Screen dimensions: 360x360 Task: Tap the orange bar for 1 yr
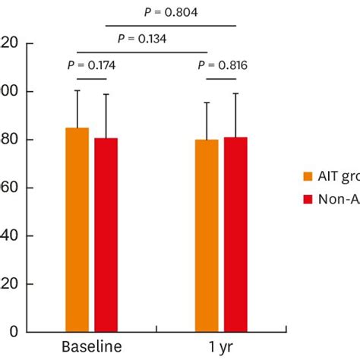207,235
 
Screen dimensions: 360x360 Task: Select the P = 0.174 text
91,65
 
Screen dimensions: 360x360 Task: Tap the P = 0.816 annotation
222,65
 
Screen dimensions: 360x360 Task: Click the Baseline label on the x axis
91,347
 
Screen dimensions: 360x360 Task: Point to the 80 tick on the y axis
10,140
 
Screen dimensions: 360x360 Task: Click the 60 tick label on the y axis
10,188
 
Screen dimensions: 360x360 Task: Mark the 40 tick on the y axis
10,235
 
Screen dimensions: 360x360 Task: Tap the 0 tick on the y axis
14,331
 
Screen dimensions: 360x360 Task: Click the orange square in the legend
308,175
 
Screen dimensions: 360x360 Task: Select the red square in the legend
308,199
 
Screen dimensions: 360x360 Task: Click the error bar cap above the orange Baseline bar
77,91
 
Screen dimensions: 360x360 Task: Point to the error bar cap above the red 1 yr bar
235,93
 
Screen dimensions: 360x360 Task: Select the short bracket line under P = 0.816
222,78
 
